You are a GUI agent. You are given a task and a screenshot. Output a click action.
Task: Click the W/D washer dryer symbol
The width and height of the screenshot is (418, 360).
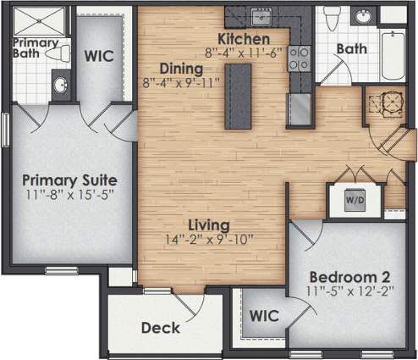[x=354, y=200]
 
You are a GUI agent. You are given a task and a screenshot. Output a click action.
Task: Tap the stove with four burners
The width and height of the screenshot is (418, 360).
[x=299, y=58]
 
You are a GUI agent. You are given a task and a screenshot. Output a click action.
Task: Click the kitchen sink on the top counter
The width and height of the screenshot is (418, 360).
[x=261, y=16]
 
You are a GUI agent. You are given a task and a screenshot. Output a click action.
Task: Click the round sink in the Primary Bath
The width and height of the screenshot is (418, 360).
[x=59, y=84]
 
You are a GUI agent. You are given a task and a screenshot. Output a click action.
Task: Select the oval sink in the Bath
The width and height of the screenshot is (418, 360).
[x=364, y=17]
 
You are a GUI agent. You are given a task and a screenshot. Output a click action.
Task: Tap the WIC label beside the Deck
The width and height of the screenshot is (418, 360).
[x=263, y=317]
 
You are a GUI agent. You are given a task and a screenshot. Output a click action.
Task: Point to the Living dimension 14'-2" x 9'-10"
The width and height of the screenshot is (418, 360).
[x=209, y=240]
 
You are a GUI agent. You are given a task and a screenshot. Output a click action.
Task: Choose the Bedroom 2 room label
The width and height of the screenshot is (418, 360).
[x=349, y=278]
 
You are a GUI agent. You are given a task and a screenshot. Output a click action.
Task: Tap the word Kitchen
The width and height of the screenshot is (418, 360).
[x=244, y=39]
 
